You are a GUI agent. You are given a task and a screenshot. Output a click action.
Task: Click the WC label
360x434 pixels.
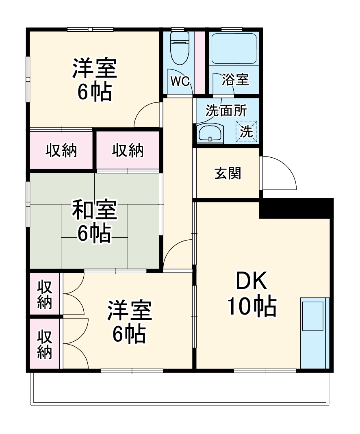[180, 81]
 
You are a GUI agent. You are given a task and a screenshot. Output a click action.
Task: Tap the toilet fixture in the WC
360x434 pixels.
[179, 49]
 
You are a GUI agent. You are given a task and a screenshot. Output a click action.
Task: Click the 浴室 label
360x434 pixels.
[235, 80]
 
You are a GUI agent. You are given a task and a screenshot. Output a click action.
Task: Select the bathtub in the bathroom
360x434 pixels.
[234, 48]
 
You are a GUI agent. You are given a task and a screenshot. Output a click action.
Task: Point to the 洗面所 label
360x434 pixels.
[226, 111]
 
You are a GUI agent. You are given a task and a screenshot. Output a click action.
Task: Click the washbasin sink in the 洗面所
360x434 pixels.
[210, 133]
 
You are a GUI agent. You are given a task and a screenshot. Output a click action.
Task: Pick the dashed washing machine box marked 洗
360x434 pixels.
[247, 131]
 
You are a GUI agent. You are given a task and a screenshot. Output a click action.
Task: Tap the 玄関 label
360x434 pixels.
[228, 173]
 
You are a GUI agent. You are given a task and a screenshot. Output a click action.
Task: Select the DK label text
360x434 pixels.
[252, 281]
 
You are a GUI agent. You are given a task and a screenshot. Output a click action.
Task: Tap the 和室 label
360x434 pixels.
[94, 210]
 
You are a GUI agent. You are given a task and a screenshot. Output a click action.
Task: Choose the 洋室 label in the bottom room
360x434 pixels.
[129, 310]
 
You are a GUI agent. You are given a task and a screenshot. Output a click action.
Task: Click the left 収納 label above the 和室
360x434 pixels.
[61, 151]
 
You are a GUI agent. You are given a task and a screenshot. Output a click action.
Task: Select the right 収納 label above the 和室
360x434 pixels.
[128, 150]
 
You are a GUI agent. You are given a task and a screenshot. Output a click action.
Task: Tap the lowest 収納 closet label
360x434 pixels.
[45, 345]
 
